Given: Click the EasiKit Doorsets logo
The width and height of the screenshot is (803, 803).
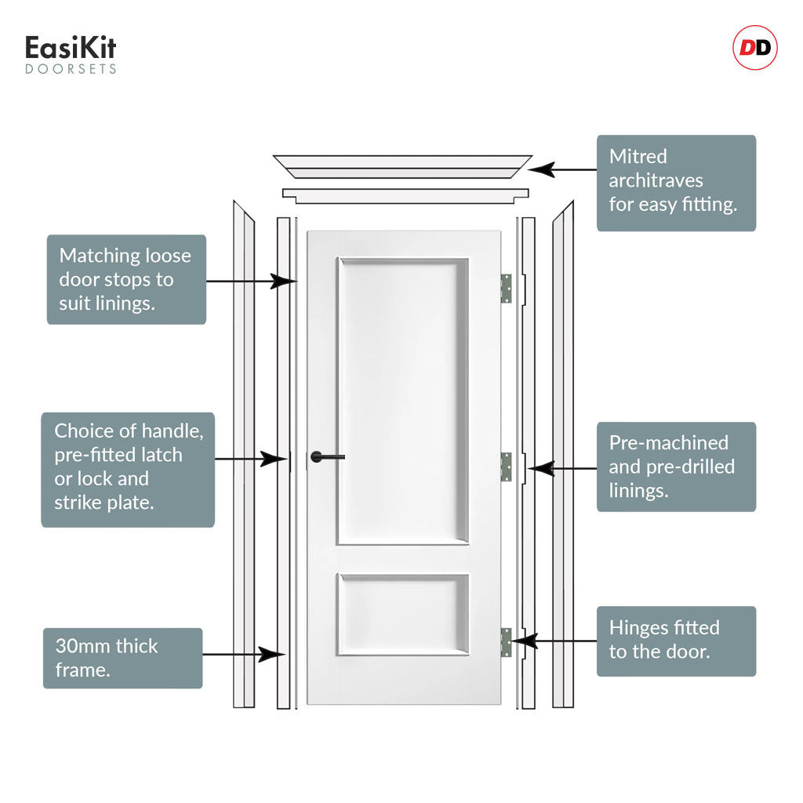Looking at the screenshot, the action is (71, 54).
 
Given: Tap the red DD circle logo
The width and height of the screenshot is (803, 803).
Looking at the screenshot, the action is (755, 48).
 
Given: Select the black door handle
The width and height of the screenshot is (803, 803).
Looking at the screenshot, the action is (328, 457).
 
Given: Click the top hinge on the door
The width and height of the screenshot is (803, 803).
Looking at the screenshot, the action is (506, 289).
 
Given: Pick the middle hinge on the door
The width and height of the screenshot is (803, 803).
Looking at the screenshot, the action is (506, 467).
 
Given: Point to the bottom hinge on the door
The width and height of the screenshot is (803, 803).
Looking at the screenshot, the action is (506, 642).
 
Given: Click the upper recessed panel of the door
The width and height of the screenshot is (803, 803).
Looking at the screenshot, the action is (402, 401).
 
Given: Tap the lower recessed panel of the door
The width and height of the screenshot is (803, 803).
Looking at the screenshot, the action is (402, 615).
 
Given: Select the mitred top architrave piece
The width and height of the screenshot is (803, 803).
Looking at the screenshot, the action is (402, 167).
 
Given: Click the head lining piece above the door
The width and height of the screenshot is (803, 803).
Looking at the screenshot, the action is (405, 195).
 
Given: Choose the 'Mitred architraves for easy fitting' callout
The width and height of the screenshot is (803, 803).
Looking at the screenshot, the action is (676, 183).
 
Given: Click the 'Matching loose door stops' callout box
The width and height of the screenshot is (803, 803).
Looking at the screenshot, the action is (126, 280).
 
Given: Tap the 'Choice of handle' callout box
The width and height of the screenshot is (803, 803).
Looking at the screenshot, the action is (128, 470).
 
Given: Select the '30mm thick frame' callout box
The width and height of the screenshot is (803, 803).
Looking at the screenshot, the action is (123, 658).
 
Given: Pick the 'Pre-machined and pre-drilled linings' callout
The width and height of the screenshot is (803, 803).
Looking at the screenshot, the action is (676, 467).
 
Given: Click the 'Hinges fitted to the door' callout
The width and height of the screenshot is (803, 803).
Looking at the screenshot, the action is (676, 641).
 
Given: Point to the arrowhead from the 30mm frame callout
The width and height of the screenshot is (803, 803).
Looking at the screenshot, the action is (271, 654).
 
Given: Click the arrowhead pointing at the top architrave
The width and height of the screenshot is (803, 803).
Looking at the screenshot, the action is (542, 169).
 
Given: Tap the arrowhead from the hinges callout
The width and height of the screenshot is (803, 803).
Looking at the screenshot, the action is (525, 641).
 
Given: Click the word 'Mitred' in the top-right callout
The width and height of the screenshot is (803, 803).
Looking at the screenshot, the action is (638, 156).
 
